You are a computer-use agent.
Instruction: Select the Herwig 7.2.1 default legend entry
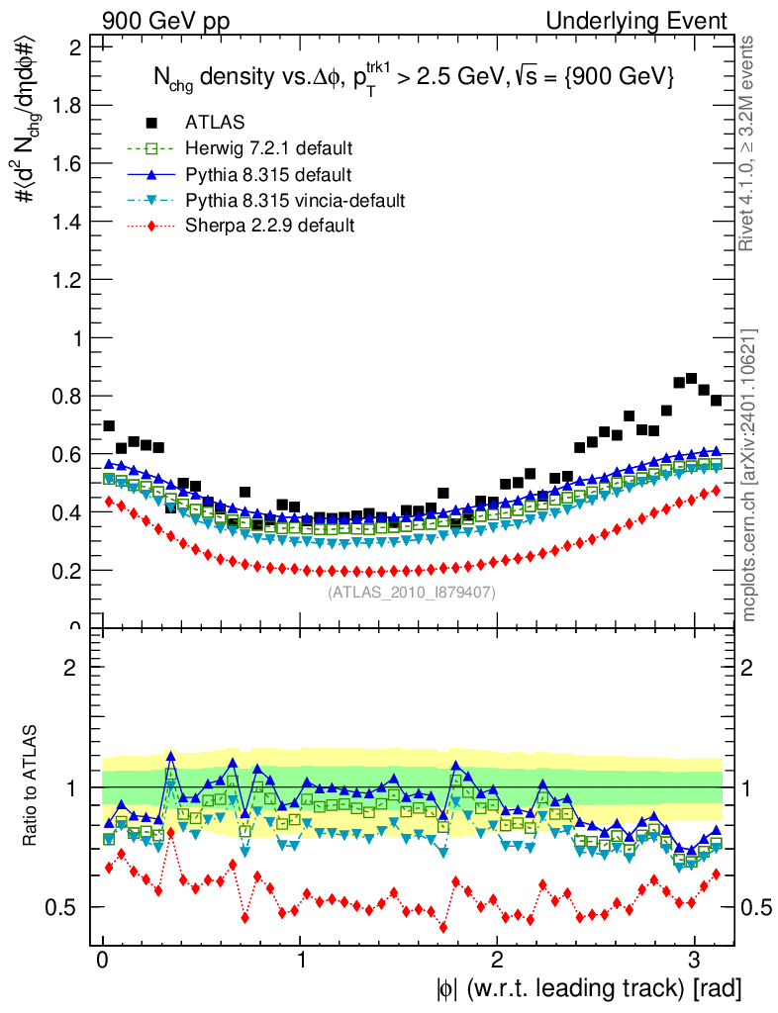(x=268, y=149)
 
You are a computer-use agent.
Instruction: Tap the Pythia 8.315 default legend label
(x=268, y=175)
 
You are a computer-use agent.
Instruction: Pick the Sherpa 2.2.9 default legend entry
(x=269, y=227)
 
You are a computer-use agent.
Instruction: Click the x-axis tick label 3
(x=694, y=963)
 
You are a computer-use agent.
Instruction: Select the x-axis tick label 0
(x=103, y=963)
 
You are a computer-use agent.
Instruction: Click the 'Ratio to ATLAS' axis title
(x=32, y=787)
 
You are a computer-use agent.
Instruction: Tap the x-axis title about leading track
(x=587, y=988)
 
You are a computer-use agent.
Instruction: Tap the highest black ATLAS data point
(x=691, y=378)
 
